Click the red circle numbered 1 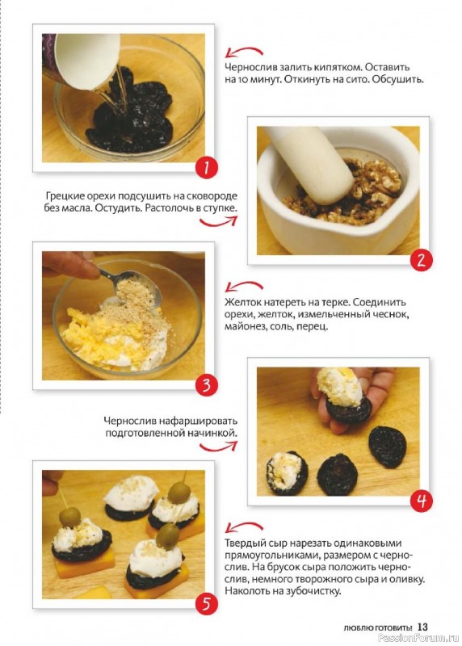coord(206,168)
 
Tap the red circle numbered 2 coord(421,260)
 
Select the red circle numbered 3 coord(206,385)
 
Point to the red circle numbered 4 coord(421,501)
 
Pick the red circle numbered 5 coord(206,603)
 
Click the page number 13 coord(423,627)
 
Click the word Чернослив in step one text coord(250,68)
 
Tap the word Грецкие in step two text coord(65,196)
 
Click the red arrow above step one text coord(244,52)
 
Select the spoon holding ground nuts coord(131,284)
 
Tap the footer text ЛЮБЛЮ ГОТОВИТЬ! coord(378,628)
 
